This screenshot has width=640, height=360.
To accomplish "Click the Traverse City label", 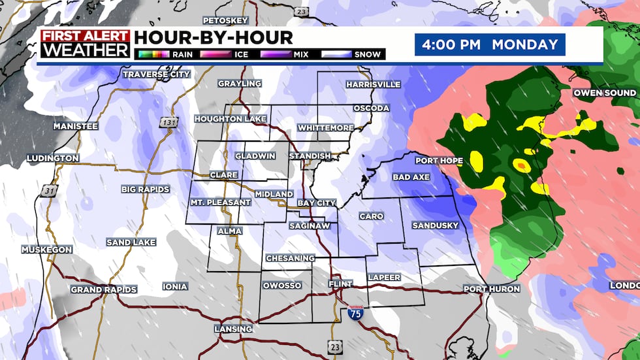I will click(x=157, y=74).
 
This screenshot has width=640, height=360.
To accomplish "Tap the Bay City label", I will click(x=317, y=203).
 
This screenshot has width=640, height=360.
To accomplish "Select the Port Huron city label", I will click(x=492, y=289).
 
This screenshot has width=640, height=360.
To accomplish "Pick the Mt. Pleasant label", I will click(x=220, y=203).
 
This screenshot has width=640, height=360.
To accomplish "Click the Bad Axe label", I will click(x=410, y=177).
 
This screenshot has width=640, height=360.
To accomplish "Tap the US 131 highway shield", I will click(x=165, y=122).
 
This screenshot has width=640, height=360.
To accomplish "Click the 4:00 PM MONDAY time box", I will click(x=490, y=45).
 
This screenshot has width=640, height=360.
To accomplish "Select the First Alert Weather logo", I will click(x=85, y=44).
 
